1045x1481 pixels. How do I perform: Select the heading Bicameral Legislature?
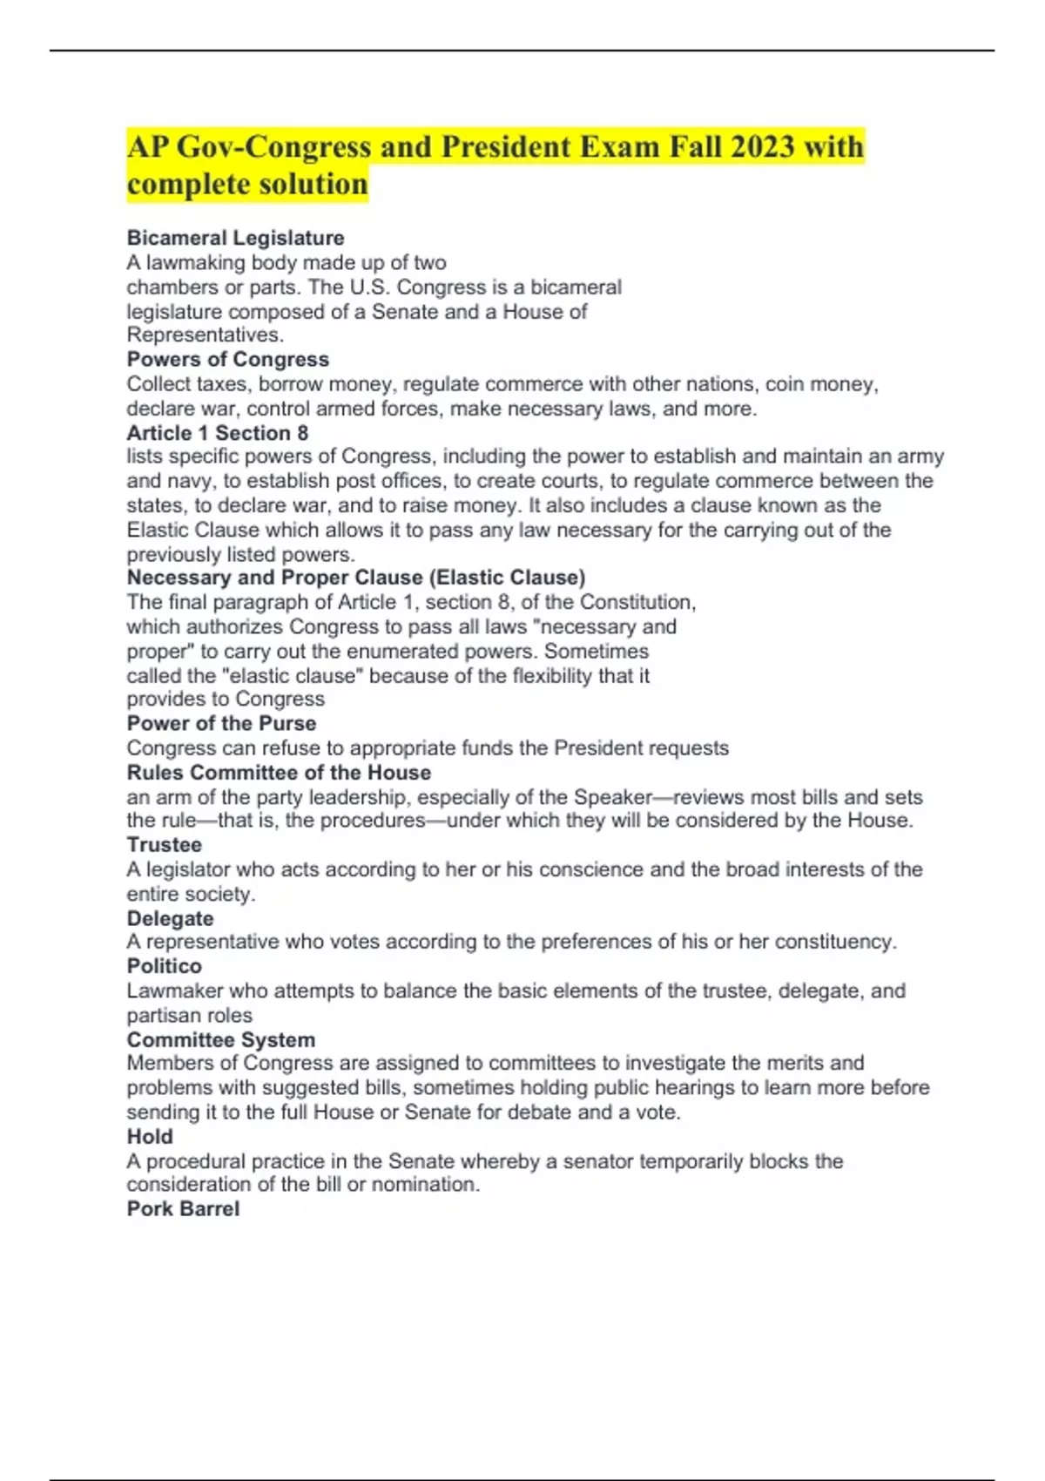235,238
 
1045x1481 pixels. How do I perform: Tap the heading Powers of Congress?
227,359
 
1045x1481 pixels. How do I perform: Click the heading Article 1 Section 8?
217,433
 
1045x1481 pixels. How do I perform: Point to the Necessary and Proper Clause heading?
355,578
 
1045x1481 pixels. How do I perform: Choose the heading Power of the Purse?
221,723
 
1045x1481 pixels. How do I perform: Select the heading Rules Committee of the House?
279,773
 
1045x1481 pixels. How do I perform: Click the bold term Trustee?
164,845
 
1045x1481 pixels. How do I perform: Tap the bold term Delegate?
170,918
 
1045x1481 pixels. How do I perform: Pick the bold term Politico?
164,966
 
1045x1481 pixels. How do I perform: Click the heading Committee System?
220,1039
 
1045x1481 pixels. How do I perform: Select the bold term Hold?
150,1136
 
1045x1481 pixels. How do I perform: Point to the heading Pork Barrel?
183,1209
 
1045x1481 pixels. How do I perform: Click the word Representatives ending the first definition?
205,335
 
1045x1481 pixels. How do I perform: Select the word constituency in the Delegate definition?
835,942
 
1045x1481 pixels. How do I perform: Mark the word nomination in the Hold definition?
427,1185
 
